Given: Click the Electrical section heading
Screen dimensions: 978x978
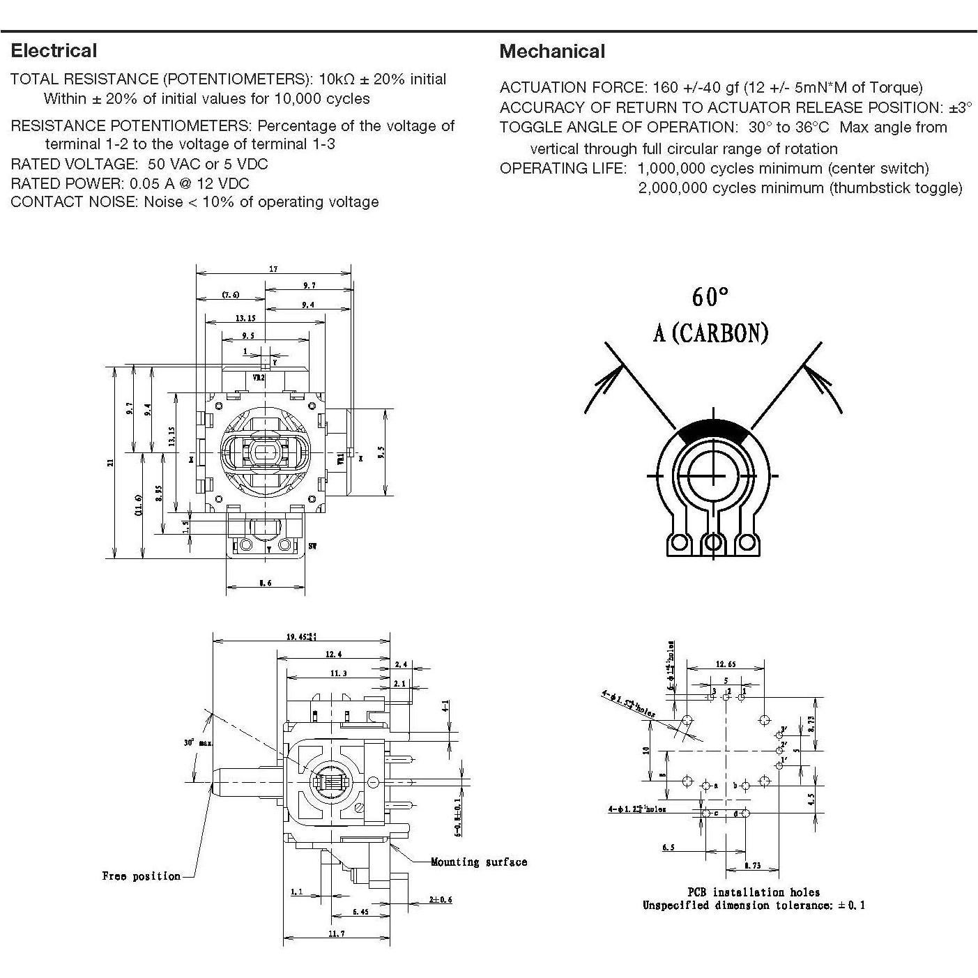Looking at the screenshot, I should tap(54, 51).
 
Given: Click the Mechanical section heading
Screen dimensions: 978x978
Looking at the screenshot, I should tap(552, 52).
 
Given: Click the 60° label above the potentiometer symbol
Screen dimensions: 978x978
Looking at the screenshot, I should tap(710, 297).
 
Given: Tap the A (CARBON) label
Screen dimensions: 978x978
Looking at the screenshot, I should tap(710, 333).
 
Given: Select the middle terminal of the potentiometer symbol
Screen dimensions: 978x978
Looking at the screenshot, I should tap(712, 542).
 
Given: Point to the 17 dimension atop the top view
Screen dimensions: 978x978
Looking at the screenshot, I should tap(273, 269).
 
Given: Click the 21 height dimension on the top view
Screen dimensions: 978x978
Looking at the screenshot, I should tap(110, 461).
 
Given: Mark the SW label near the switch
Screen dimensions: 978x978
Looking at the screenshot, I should tap(312, 547).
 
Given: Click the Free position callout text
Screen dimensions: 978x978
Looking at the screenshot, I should tap(141, 876).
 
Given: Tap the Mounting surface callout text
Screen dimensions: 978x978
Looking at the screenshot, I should tap(478, 862).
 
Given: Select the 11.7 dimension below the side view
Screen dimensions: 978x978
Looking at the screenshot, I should tap(337, 933).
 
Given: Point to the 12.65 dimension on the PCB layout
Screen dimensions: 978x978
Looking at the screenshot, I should tap(725, 664).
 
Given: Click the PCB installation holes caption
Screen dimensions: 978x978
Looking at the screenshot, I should tap(754, 892).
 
